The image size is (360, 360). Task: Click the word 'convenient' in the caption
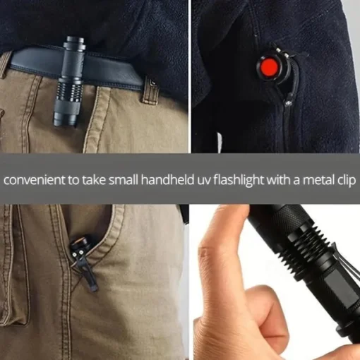(x=34, y=181)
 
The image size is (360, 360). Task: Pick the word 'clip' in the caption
(x=347, y=181)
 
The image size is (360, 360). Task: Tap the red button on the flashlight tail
(x=270, y=66)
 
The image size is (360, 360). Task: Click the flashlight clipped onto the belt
(x=69, y=81)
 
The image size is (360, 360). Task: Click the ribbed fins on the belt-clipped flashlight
(x=68, y=91)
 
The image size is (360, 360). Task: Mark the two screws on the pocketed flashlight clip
(x=78, y=253)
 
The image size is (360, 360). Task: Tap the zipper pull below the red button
(x=289, y=100)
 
